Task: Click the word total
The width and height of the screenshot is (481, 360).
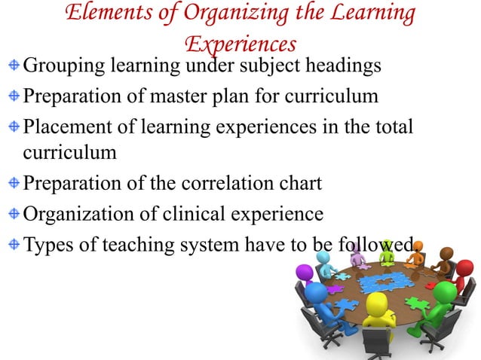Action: pyautogui.click(x=393, y=127)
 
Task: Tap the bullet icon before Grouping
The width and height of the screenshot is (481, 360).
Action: pyautogui.click(x=15, y=68)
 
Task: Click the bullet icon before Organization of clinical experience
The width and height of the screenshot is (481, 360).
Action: pyautogui.click(x=15, y=214)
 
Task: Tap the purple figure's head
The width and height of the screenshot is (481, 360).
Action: pyautogui.click(x=305, y=273)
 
